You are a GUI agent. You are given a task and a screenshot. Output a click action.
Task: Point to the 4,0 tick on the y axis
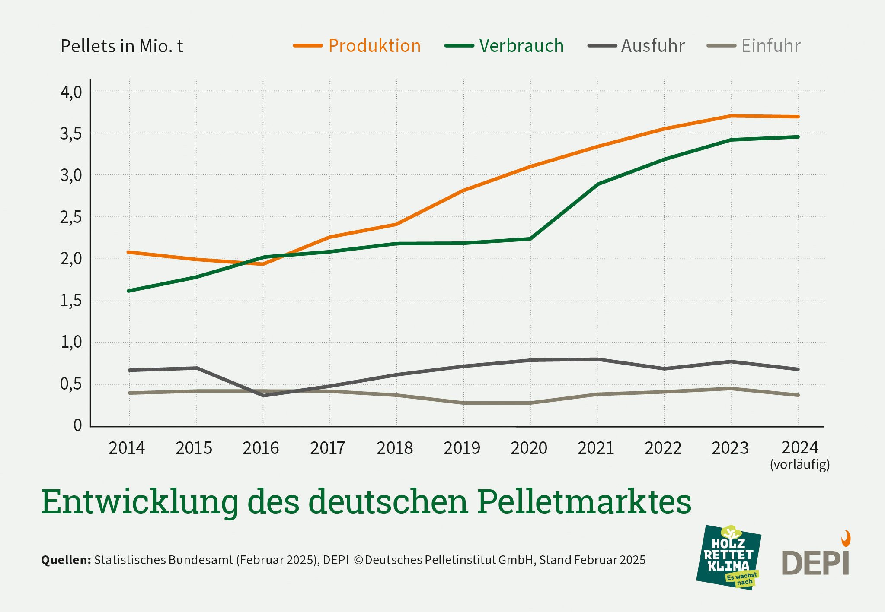coord(71,92)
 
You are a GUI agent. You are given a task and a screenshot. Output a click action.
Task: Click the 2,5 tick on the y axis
coord(71,218)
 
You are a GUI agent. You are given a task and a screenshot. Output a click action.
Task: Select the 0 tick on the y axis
coord(78,425)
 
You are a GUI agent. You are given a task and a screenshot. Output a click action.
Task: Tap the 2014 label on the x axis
coord(127,448)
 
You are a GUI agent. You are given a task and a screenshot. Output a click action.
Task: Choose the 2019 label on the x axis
coord(462,448)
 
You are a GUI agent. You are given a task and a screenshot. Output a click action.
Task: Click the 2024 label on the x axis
coord(800,447)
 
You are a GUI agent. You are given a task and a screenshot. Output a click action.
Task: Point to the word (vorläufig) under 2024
coord(800,465)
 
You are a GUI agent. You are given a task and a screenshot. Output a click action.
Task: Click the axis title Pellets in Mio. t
coord(122,46)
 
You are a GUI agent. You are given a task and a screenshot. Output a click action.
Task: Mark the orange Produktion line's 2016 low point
coord(262,264)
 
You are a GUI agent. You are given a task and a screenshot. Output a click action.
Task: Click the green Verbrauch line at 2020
coord(530,239)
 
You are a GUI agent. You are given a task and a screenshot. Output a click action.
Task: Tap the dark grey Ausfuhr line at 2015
coord(196,368)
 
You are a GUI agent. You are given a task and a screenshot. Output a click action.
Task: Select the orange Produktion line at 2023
coord(731,116)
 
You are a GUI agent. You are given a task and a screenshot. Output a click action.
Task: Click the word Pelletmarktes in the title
coord(585,502)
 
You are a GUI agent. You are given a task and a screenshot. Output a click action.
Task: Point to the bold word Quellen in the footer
coord(66,560)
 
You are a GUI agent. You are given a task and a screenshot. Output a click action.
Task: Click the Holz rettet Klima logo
coord(729,557)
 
